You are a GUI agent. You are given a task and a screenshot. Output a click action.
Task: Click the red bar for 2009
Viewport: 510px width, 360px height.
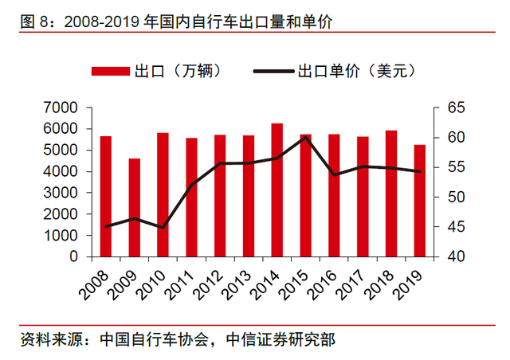tap(134, 208)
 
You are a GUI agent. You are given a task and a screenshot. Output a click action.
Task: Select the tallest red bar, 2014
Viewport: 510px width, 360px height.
tap(277, 190)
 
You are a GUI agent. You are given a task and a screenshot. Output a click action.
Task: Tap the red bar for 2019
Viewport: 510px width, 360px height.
tap(420, 201)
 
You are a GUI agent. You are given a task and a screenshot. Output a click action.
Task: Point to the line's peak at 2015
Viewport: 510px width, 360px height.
tap(305, 138)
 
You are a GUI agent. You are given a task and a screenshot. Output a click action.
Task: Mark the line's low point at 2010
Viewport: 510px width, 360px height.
tap(163, 228)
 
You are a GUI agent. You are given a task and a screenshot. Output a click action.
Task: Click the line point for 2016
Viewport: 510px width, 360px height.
tap(334, 174)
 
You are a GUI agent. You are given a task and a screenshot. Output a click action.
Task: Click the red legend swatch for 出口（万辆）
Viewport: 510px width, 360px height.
tap(113, 72)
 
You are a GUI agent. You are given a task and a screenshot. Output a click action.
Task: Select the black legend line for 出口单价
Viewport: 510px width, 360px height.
tap(273, 72)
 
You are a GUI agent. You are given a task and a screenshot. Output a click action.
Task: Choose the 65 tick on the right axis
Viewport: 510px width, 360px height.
tap(447, 108)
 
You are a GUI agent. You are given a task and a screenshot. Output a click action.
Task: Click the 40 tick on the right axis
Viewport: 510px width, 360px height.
tap(447, 257)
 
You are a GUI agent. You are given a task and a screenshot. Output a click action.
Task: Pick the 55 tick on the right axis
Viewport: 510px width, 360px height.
tap(447, 167)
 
